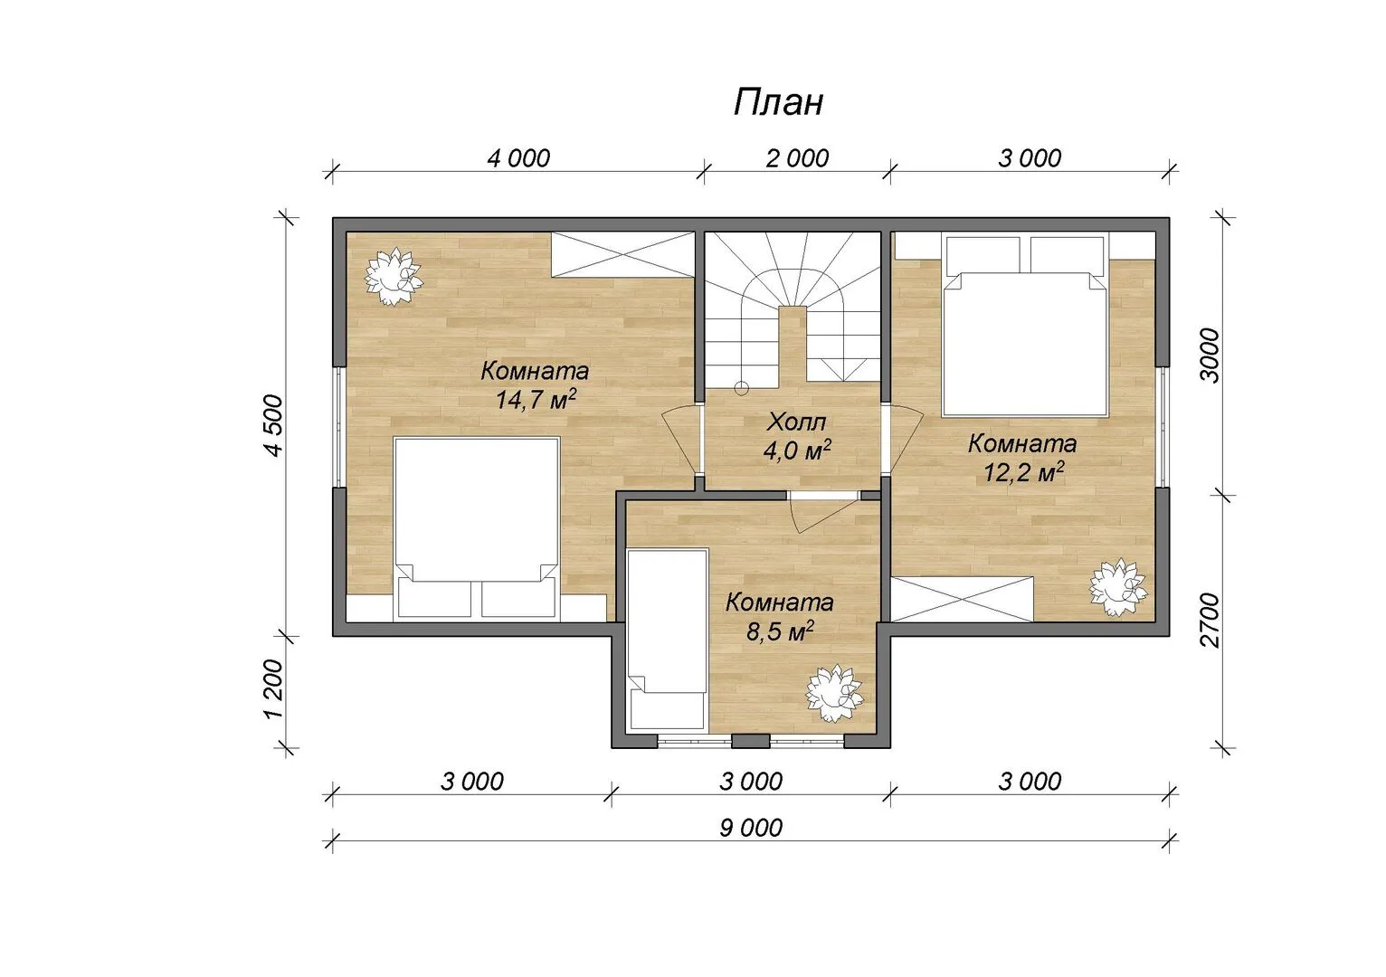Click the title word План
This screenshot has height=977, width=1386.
click(x=778, y=103)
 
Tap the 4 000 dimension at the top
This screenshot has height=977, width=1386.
click(x=518, y=159)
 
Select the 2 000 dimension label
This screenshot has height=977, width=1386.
click(x=797, y=159)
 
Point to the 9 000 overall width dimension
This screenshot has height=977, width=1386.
click(x=751, y=828)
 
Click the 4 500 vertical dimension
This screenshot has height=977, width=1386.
click(x=274, y=426)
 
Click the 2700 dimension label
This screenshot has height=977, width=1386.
click(x=1210, y=621)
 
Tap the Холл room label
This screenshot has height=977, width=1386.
click(x=796, y=422)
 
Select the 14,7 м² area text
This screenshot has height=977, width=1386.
click(x=536, y=400)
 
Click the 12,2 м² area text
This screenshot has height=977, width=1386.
click(x=1024, y=473)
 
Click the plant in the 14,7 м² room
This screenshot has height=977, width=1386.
click(x=393, y=277)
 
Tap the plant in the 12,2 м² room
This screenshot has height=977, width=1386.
click(x=1118, y=588)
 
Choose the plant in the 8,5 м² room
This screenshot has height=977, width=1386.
click(x=834, y=693)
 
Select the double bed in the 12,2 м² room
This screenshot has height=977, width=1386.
click(x=1024, y=326)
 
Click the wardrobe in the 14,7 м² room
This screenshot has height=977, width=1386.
click(x=623, y=255)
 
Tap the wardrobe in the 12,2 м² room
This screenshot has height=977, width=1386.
click(x=963, y=598)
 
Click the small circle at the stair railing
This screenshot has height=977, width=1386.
click(x=741, y=389)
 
